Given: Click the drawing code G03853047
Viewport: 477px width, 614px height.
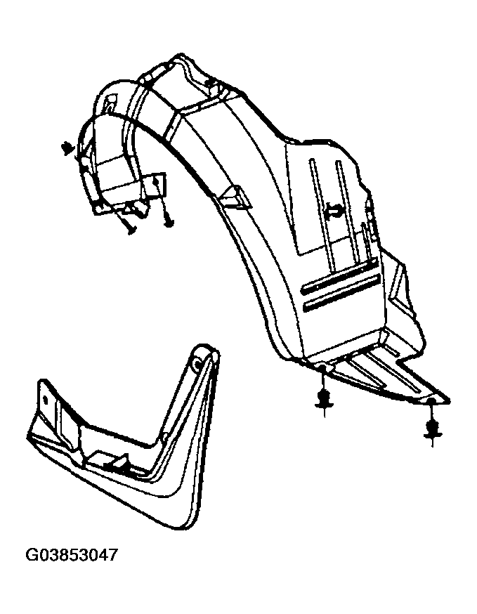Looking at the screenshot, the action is coord(72,555).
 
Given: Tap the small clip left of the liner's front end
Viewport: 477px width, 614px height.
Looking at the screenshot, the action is coord(67,149).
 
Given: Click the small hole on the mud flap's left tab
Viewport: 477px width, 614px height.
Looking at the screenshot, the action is coord(46,400).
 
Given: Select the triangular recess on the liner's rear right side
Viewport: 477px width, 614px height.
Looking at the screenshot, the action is coord(400,286).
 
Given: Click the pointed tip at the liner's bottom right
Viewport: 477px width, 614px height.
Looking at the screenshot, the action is coord(448,400).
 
